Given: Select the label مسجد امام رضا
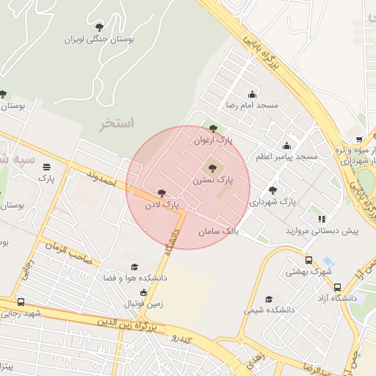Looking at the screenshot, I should [x=252, y=105].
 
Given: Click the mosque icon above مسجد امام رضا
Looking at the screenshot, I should [x=253, y=94].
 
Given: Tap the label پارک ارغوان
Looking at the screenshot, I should [x=213, y=140].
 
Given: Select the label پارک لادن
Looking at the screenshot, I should [x=161, y=203].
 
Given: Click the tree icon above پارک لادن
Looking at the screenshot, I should [x=161, y=192].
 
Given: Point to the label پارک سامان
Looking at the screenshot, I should [x=219, y=231].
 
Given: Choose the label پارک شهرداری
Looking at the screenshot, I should [x=272, y=200].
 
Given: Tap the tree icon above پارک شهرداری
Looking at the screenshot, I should [x=272, y=189].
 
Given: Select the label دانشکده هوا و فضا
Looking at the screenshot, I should [x=134, y=278].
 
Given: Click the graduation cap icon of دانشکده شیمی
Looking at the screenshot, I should [x=269, y=300].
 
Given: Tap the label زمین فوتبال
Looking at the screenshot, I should [x=142, y=302].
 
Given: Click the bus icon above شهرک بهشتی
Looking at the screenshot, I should [x=308, y=260].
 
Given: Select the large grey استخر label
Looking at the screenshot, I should [x=117, y=123].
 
